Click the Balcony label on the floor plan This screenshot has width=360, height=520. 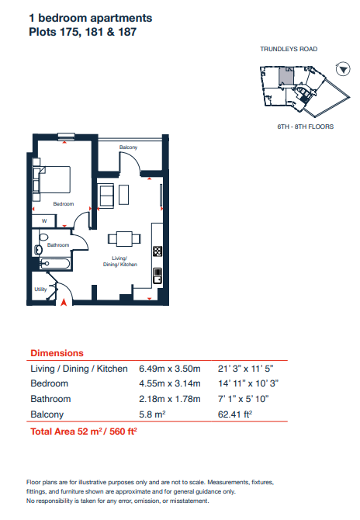[128, 147]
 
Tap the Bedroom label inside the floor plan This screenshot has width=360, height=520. [64, 203]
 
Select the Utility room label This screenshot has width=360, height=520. [40, 289]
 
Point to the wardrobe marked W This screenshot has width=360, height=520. [44, 221]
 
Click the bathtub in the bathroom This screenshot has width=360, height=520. [55, 264]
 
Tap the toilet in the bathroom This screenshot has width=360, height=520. [43, 237]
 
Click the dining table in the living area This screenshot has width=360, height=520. [124, 239]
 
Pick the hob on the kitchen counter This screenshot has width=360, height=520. [157, 251]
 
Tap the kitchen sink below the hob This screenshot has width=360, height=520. [157, 276]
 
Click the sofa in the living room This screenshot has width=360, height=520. [107, 196]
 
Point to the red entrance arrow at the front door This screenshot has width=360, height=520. [64, 302]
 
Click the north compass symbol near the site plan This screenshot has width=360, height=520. [343, 69]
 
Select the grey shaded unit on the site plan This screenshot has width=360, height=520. [286, 75]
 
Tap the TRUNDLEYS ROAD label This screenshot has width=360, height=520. [289, 49]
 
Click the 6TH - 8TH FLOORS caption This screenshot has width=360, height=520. [306, 127]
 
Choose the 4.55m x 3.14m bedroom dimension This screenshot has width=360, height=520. [170, 383]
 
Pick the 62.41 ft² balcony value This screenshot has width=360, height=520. [235, 414]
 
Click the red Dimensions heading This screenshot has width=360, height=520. [57, 353]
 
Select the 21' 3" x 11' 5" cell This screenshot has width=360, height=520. [246, 369]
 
